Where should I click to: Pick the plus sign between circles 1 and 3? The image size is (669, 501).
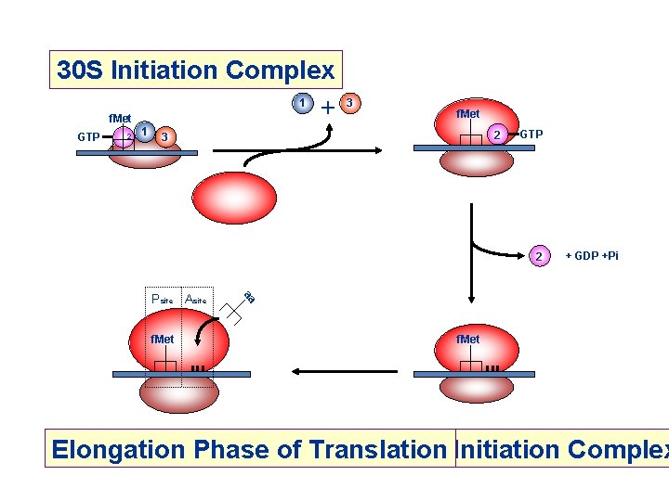pos(326,107)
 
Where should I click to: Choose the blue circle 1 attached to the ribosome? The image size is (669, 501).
pos(145,132)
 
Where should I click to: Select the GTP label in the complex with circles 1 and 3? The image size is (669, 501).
pos(89,137)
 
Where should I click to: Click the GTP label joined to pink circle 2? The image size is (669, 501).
pos(531,135)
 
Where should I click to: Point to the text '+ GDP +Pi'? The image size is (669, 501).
pos(591,255)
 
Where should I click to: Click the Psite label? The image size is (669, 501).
pos(162,300)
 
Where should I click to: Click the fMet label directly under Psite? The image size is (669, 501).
pos(163,340)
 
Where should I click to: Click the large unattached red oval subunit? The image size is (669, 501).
pos(234,197)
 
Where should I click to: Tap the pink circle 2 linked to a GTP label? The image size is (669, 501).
pos(498,135)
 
